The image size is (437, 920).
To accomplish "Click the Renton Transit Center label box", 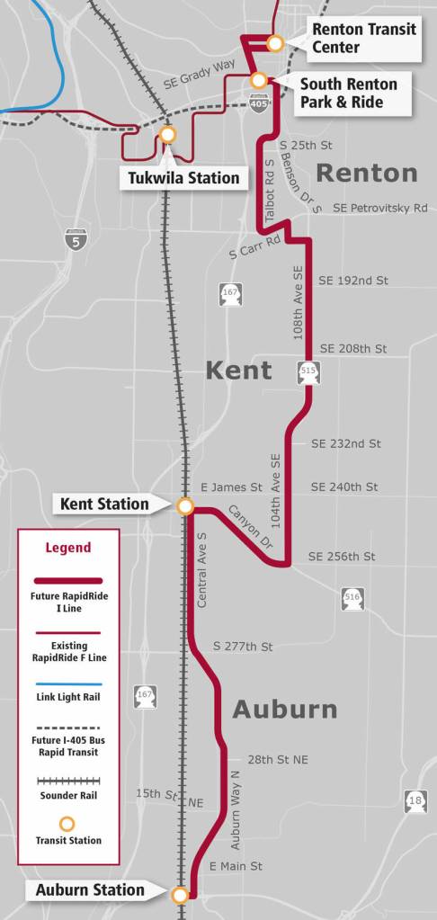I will click(x=364, y=39).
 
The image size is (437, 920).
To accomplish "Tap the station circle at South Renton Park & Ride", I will click(x=258, y=80).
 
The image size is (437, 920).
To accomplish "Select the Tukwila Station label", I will click(x=183, y=177).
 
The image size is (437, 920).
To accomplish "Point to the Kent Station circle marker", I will click(x=185, y=506).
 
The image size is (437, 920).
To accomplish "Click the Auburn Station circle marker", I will click(x=180, y=894).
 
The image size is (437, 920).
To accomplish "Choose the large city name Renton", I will click(x=367, y=173).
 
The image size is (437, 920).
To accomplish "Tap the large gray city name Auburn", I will click(x=284, y=710).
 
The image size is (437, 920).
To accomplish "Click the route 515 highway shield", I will click(x=308, y=370).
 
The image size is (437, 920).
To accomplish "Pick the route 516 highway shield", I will click(x=352, y=597).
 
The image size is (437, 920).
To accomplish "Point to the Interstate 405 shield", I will click(x=257, y=103).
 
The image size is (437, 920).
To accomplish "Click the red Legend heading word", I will click(x=68, y=547).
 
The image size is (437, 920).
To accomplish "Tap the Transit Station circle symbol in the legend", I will click(x=67, y=823).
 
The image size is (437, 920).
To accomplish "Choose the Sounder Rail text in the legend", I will click(x=67, y=796).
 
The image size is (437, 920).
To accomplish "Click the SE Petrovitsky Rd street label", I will click(x=379, y=208).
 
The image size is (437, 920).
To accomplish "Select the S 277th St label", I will click(x=243, y=646).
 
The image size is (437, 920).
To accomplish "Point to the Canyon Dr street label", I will click(x=249, y=529).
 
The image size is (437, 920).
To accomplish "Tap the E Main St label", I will click(x=236, y=866).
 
